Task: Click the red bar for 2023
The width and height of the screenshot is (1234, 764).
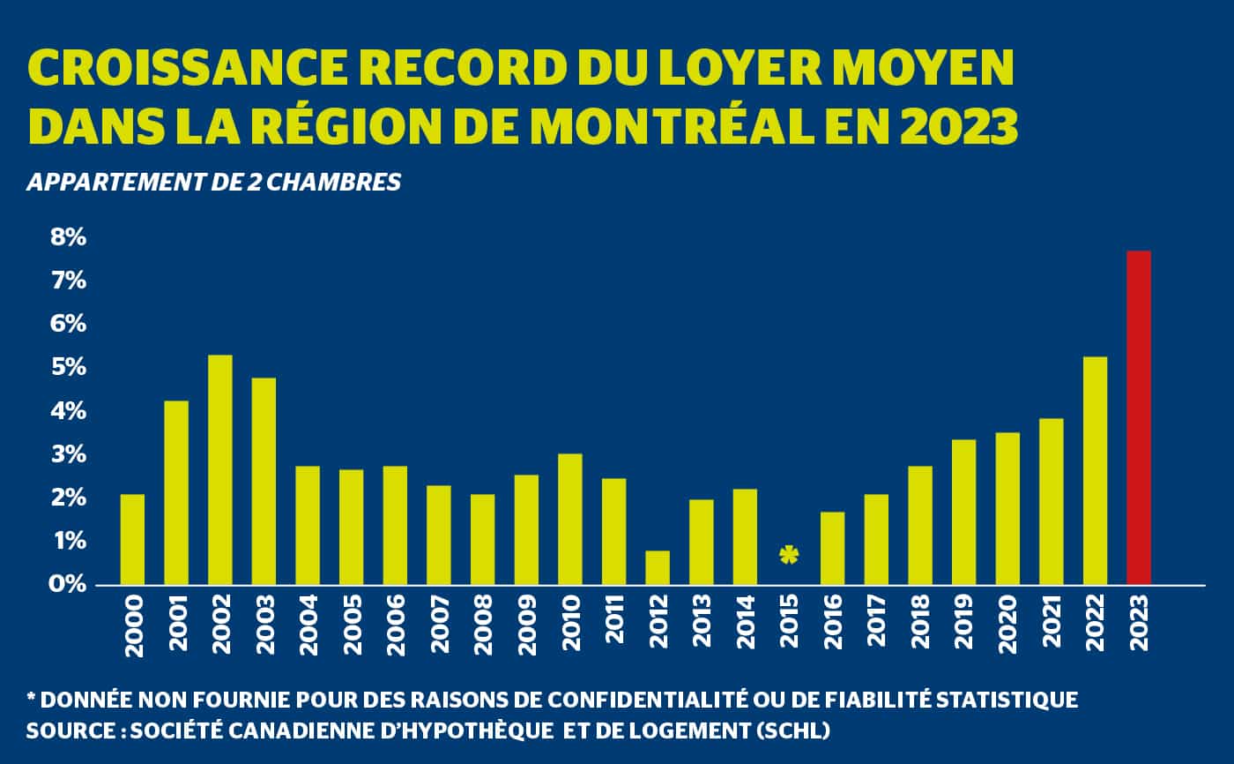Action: (x=1139, y=417)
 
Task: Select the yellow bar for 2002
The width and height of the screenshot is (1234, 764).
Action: (x=219, y=469)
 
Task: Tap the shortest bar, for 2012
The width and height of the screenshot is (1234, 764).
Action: (x=658, y=567)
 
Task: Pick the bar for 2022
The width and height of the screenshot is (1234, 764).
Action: (x=1095, y=470)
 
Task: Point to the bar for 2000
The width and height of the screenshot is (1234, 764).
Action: (x=132, y=539)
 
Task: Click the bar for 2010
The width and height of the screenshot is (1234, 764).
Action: (x=569, y=519)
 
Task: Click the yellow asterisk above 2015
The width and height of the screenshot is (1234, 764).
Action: (x=789, y=555)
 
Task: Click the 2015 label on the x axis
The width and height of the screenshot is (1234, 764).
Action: (x=790, y=625)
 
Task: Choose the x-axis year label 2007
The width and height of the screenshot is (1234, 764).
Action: (x=439, y=625)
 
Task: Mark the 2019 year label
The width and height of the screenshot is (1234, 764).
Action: (x=964, y=625)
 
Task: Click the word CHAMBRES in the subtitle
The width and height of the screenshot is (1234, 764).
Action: (x=345, y=183)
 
